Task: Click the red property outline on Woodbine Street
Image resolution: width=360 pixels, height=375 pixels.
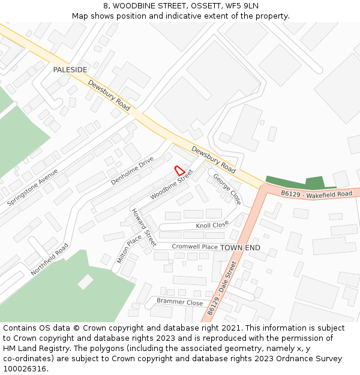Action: coord(179,170)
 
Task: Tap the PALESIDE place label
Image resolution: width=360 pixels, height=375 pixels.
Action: coord(70,70)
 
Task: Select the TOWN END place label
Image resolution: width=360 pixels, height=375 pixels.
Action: coord(240,247)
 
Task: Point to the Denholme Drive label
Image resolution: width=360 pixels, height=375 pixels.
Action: coord(132,170)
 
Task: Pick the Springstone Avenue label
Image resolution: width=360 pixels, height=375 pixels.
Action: coord(32,187)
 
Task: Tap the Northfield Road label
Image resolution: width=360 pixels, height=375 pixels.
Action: coord(50,259)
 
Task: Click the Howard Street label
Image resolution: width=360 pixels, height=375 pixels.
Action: coord(144,228)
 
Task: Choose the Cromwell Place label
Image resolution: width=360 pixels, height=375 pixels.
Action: coord(194,247)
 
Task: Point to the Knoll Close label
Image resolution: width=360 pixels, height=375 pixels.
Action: coord(212,225)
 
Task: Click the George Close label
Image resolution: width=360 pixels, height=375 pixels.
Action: coord(227,189)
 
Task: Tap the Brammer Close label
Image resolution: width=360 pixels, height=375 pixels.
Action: coord(179,302)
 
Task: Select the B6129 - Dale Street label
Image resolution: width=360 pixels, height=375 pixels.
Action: coord(223,289)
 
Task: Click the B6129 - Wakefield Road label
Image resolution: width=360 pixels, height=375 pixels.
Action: coord(316,194)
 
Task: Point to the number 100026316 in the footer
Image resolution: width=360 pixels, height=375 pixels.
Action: coord(25,368)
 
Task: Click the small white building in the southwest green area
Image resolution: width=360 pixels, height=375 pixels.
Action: coord(85,281)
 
